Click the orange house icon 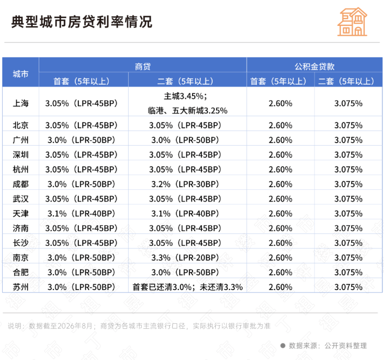click(x=352, y=22)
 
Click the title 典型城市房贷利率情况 click(x=82, y=22)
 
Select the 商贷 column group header click(x=143, y=66)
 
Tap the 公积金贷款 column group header click(x=314, y=66)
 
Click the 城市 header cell click(x=21, y=74)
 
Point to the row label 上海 click(x=21, y=103)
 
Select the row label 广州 click(x=21, y=140)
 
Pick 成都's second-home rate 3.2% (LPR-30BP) click(x=185, y=184)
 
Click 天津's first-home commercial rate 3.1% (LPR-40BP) click(x=81, y=213)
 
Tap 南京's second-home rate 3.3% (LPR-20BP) click(x=185, y=257)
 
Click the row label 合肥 click(x=21, y=272)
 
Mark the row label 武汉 click(x=21, y=199)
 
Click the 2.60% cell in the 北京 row click(x=280, y=126)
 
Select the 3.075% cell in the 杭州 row click(x=348, y=169)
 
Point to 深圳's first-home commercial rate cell click(x=81, y=155)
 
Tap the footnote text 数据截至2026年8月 click(x=60, y=326)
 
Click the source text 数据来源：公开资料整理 click(x=327, y=345)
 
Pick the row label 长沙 click(x=21, y=243)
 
